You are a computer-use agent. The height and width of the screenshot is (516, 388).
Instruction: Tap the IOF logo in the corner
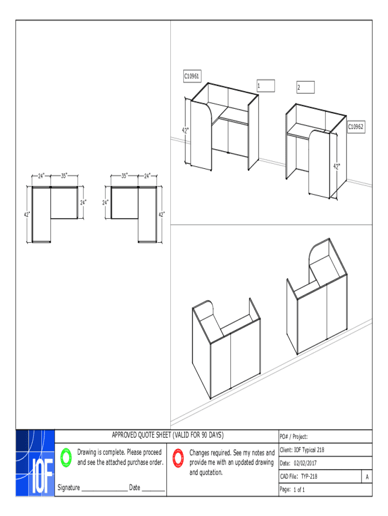[x=35, y=463]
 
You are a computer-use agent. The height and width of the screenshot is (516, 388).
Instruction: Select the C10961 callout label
[x=191, y=76]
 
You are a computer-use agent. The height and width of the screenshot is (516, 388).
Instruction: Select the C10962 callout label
[x=355, y=127]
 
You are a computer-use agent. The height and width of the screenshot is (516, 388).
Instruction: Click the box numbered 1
[x=266, y=86]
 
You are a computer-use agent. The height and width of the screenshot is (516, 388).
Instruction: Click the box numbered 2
[x=305, y=88]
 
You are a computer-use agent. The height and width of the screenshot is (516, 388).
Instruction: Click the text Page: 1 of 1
[x=292, y=489]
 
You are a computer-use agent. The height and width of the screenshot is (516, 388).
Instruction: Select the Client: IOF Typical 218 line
[x=305, y=449]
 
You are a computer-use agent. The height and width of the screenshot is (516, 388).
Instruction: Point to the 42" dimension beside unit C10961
[x=186, y=131]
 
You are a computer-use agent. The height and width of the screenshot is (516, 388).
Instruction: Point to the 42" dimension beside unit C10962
[x=336, y=166]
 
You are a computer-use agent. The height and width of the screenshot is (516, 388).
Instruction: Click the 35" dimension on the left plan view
[x=64, y=176]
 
